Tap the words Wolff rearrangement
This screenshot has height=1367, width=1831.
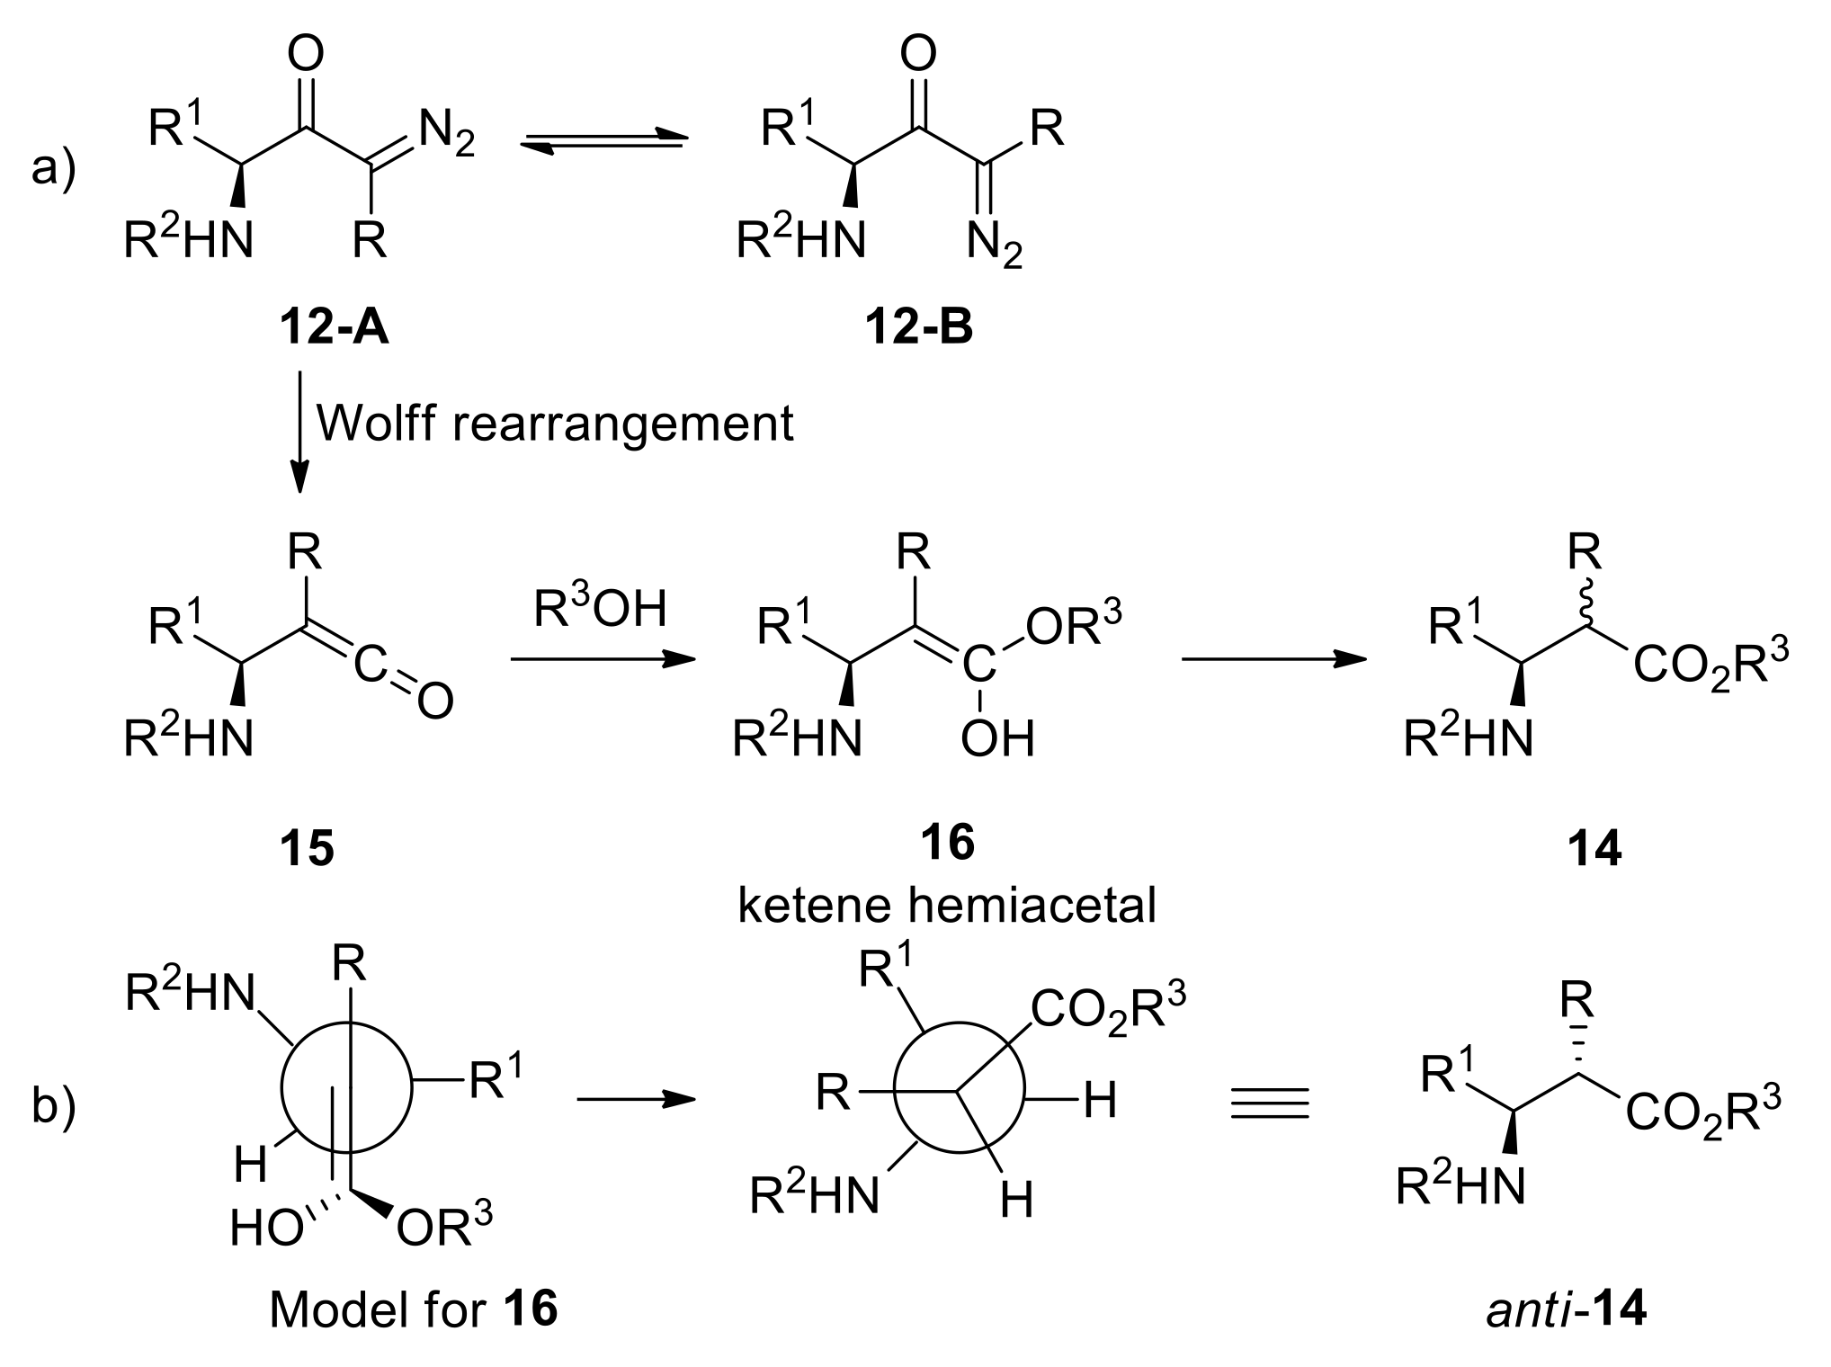[x=555, y=423]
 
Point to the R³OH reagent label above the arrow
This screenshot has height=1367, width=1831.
[x=600, y=609]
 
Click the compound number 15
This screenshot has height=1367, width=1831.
[x=307, y=847]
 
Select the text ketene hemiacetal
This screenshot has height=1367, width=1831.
[x=946, y=906]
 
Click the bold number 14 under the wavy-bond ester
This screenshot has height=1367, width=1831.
[x=1594, y=847]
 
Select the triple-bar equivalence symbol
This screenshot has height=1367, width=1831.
[x=1269, y=1103]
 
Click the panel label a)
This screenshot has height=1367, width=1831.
[x=54, y=167]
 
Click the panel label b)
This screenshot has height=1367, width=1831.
[x=54, y=1107]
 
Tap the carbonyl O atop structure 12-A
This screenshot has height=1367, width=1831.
[x=306, y=56]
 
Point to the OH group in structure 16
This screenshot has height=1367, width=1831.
[x=996, y=739]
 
